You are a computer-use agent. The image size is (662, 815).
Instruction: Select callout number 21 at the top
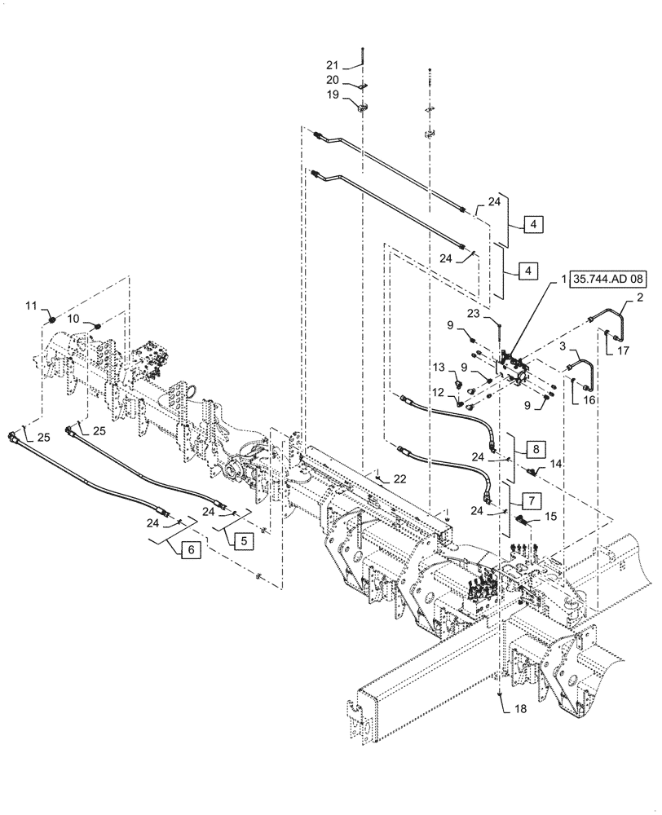(x=332, y=64)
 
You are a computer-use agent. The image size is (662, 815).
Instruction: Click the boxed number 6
(x=191, y=550)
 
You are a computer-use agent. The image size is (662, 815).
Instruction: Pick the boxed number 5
(x=243, y=539)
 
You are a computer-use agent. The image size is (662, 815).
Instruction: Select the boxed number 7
(x=531, y=498)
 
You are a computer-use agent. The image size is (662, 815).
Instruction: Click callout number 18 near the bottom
(x=520, y=709)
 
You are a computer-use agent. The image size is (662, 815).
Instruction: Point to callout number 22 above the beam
(x=399, y=478)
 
